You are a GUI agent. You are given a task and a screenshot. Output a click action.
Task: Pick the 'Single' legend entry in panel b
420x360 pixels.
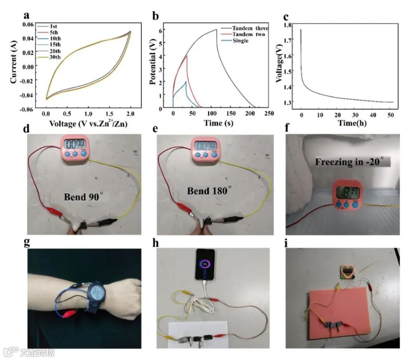(x=240, y=41)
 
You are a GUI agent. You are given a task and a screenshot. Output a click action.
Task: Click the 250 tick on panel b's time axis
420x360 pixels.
(x=268, y=113)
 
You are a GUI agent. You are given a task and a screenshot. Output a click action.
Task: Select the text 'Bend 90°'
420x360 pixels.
(x=83, y=197)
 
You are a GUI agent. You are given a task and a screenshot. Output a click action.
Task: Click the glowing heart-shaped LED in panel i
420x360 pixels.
(x=346, y=271)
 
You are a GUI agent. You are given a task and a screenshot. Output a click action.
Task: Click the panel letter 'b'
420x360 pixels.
(x=156, y=17)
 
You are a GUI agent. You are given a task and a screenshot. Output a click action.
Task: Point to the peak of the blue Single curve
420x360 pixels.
(x=186, y=82)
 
